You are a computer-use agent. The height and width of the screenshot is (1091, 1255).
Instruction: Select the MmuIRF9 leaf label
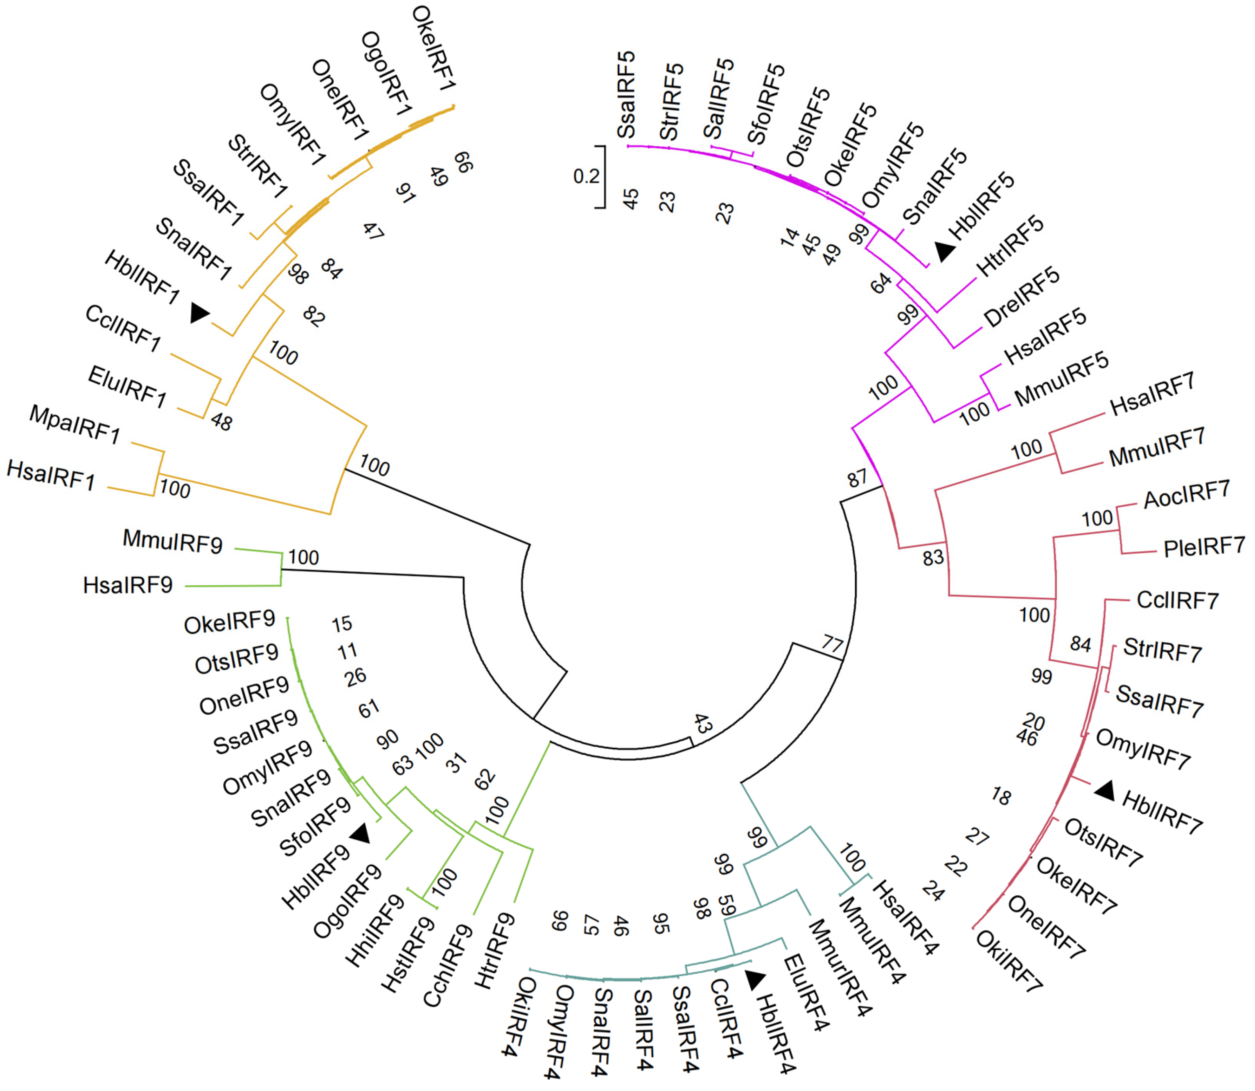[x=172, y=541]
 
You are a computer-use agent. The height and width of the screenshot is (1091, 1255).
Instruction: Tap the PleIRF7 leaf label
[x=1204, y=547]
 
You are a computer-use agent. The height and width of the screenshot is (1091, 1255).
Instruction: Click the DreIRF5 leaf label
[x=1022, y=297]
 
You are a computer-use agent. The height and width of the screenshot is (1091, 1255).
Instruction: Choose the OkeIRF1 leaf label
[x=433, y=49]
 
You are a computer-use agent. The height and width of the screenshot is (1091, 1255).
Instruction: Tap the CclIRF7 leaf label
[x=1177, y=601]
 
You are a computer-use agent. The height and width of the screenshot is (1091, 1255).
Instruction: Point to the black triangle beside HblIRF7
[x=1105, y=791]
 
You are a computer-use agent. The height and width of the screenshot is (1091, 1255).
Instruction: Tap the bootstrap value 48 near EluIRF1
[x=221, y=422]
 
